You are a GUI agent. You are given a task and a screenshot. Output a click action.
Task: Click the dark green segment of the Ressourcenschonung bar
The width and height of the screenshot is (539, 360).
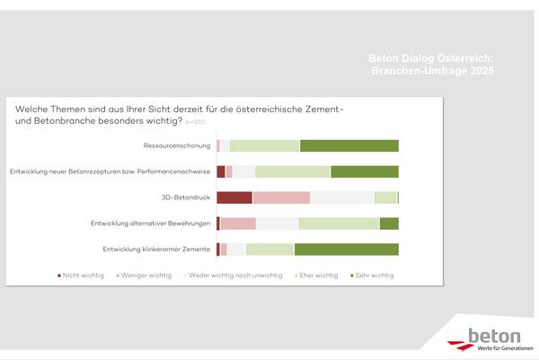(x=349, y=146)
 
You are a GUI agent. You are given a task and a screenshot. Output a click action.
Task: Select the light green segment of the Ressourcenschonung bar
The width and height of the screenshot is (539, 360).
(x=264, y=146)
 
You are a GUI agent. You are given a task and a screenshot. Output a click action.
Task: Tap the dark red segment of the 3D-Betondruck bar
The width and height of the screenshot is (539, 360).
(x=234, y=198)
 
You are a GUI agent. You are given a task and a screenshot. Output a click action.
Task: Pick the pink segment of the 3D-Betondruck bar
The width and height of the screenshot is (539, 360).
(x=281, y=198)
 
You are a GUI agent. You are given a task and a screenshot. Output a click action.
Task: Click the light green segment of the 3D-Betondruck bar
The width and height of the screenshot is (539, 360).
(x=385, y=198)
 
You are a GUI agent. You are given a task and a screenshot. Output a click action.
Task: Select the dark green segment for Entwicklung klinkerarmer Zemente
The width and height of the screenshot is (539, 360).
(x=346, y=249)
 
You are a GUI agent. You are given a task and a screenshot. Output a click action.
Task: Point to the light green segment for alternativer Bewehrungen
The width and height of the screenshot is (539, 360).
(x=339, y=224)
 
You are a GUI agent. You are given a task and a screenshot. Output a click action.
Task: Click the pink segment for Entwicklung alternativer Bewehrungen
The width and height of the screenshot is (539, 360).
(x=238, y=224)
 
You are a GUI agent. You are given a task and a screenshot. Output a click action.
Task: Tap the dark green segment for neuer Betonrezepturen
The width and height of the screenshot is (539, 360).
(x=364, y=171)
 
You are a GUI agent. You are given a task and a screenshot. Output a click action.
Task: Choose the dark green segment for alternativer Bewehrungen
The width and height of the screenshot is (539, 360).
(x=389, y=224)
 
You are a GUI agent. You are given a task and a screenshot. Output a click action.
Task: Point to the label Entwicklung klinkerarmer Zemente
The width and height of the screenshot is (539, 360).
(x=157, y=249)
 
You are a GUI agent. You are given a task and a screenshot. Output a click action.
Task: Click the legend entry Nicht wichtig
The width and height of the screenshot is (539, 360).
(x=82, y=276)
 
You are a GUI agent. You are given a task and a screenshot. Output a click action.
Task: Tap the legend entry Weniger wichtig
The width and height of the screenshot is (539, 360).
(x=146, y=276)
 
